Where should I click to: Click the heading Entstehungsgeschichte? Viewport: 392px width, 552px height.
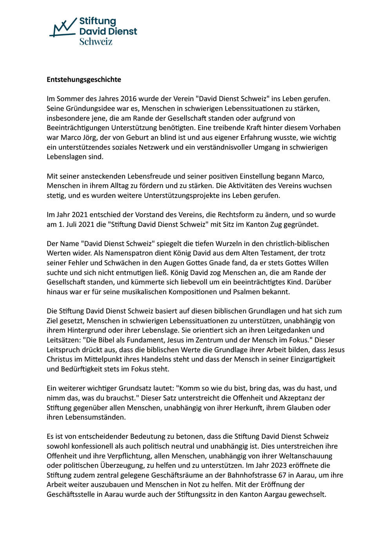point(84,80)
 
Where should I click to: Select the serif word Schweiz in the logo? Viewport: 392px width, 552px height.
point(96,41)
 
